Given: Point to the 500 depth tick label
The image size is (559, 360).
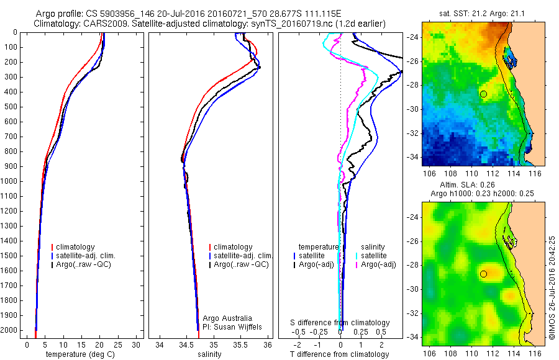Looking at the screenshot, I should pos(11,107).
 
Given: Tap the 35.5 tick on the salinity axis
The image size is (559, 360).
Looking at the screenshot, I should pos(241,344).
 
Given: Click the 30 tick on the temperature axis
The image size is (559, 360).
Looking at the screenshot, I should pos(136,344).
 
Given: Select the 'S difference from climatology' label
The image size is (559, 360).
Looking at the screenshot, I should pos(340,323).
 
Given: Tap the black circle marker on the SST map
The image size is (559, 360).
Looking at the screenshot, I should pos(483,94).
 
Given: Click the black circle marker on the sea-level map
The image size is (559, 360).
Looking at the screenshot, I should pos(483,273).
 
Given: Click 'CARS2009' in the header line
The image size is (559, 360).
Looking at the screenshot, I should pos(101,23).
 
